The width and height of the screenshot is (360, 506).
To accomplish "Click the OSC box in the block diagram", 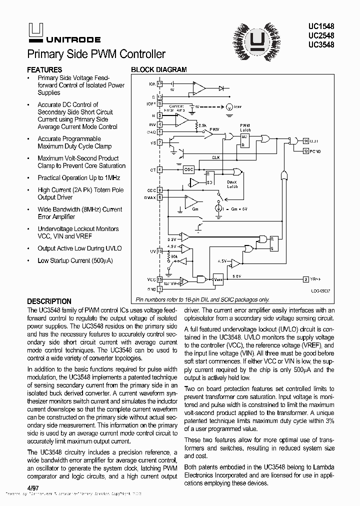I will (188, 169).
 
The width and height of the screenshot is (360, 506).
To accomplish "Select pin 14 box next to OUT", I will (305, 141).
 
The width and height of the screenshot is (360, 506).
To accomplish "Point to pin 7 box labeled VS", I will (159, 142).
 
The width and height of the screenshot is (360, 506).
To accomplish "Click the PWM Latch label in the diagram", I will (245, 127).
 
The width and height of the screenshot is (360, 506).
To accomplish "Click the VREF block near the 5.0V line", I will (218, 280).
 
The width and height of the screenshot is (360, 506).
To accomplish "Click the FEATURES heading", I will (44, 70).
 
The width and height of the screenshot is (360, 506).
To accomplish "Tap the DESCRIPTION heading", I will (49, 301).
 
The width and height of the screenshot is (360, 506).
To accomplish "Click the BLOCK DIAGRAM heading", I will (158, 70).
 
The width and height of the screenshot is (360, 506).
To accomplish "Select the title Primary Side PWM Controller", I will (96, 54).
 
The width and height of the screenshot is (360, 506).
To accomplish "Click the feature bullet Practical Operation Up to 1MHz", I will (78, 178).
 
